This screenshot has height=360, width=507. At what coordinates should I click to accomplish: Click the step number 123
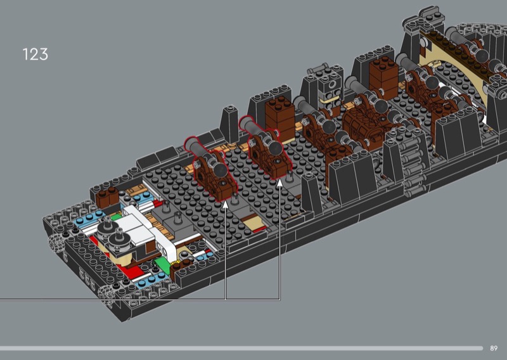(x=35, y=54)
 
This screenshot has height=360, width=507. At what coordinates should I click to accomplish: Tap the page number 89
(x=494, y=348)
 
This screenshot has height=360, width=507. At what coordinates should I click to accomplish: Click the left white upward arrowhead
(x=226, y=203)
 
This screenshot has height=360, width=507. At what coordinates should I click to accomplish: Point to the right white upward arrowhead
(x=279, y=182)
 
